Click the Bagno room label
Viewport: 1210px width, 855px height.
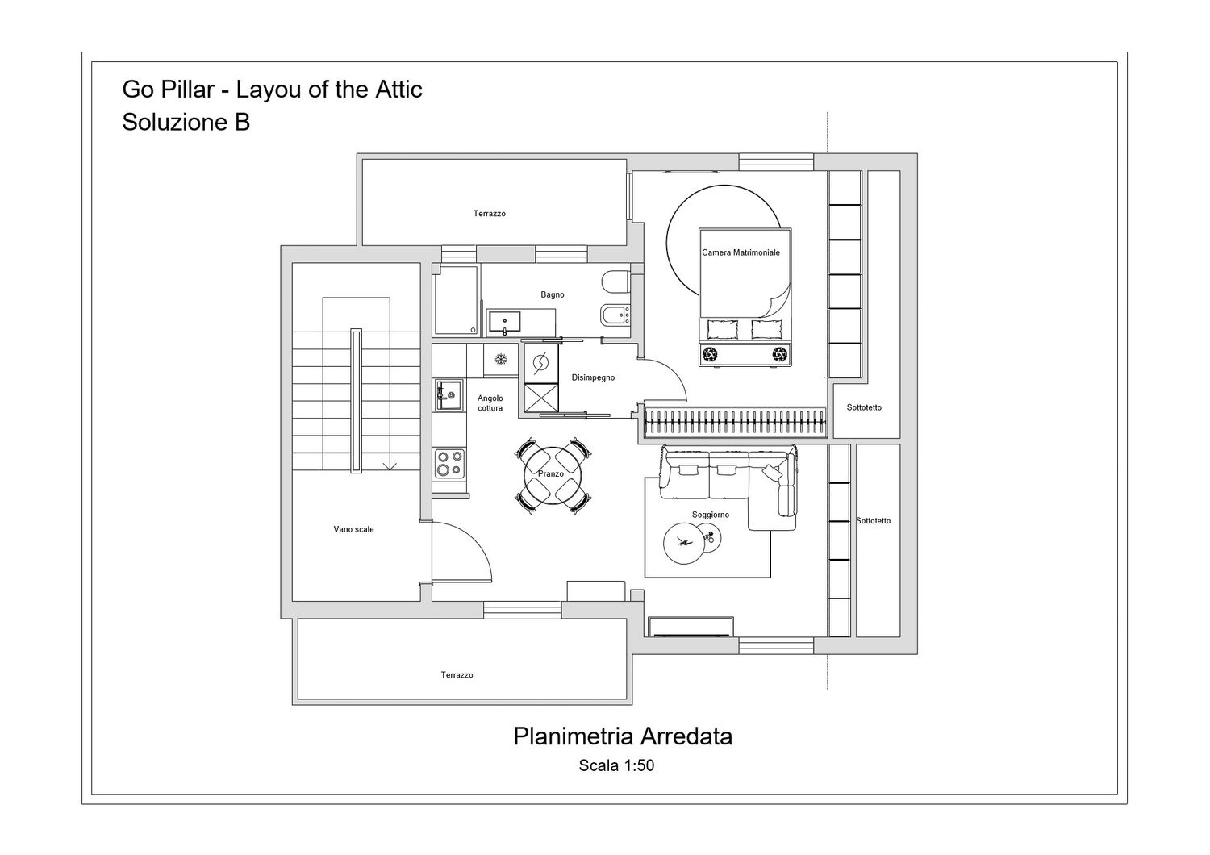click(552, 294)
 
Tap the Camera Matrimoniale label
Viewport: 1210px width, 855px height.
click(741, 252)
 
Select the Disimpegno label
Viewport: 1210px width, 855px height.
click(593, 377)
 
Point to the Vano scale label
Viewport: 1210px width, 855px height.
click(353, 529)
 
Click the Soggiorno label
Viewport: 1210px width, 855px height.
click(711, 515)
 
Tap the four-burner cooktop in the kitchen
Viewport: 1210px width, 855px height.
click(449, 464)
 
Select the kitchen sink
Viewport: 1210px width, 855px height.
click(449, 395)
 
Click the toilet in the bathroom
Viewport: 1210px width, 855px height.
click(615, 281)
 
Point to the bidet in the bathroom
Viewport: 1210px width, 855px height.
click(615, 315)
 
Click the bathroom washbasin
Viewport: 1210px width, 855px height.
click(504, 321)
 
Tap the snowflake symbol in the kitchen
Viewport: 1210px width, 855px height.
click(501, 359)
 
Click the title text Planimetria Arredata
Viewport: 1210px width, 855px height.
click(622, 736)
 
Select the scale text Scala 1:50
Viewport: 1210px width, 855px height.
click(616, 765)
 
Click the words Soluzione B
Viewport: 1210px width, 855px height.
click(186, 122)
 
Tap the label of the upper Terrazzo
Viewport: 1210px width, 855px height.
click(490, 213)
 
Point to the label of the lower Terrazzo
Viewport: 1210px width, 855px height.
click(457, 674)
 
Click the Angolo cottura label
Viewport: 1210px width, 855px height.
click(490, 403)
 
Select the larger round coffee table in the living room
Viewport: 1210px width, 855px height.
click(684, 544)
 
